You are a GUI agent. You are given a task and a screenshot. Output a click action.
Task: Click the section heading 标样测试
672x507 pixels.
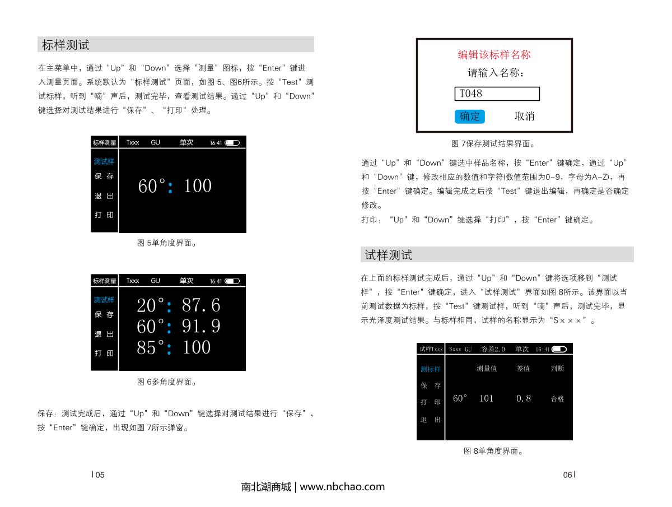coord(66,45)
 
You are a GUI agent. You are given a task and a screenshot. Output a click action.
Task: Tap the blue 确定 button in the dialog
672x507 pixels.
coord(469,117)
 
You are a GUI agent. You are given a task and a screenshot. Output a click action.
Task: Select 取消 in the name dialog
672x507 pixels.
coord(524,117)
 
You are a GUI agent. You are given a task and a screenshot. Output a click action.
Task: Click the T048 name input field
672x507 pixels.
coord(496,94)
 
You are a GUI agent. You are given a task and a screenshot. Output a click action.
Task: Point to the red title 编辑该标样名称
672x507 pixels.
coord(494,55)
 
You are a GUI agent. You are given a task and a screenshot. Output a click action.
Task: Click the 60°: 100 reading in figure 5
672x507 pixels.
coord(175,186)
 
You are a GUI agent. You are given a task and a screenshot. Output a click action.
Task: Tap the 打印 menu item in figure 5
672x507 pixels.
coord(104,215)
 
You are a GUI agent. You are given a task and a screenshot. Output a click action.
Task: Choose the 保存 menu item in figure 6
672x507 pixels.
coord(104,315)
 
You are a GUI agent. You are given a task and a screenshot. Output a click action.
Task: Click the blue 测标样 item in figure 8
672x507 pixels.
coord(431,369)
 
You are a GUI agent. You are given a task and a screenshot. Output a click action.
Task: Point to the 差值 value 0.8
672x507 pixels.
coord(523,399)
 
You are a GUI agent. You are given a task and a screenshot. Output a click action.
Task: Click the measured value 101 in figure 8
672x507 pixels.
coord(486,399)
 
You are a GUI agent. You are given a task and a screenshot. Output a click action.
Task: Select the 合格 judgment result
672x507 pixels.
coord(557,399)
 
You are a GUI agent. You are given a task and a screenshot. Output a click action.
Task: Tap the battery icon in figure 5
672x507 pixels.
coord(232,143)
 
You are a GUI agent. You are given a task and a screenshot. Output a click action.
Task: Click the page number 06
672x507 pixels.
coord(567,475)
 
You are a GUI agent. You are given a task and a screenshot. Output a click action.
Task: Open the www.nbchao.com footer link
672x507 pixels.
coord(342,487)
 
